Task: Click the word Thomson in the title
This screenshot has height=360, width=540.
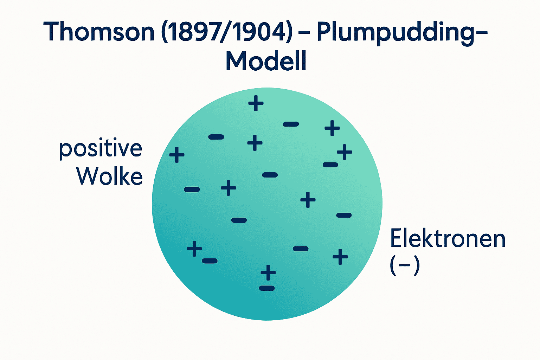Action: pyautogui.click(x=99, y=32)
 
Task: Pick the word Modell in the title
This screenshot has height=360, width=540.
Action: pyautogui.click(x=266, y=61)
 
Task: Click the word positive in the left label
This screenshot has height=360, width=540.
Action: pyautogui.click(x=101, y=149)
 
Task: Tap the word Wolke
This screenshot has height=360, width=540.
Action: pyautogui.click(x=109, y=176)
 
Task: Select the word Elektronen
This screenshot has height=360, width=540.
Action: pyautogui.click(x=448, y=239)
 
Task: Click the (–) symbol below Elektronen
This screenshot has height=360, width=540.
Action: pyautogui.click(x=405, y=266)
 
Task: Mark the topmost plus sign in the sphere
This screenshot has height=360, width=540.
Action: pyautogui.click(x=256, y=103)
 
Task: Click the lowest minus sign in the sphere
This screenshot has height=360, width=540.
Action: pyautogui.click(x=267, y=288)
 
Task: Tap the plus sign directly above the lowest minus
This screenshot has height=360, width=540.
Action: pyautogui.click(x=268, y=272)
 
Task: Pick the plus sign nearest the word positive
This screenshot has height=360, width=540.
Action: pyautogui.click(x=177, y=155)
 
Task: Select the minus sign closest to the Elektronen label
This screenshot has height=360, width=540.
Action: pyautogui.click(x=344, y=215)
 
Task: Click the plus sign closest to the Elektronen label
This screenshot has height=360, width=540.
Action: pyautogui.click(x=340, y=257)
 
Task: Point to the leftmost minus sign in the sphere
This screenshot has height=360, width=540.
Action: pyautogui.click(x=192, y=189)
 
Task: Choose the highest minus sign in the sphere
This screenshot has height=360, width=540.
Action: pyautogui.click(x=291, y=124)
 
